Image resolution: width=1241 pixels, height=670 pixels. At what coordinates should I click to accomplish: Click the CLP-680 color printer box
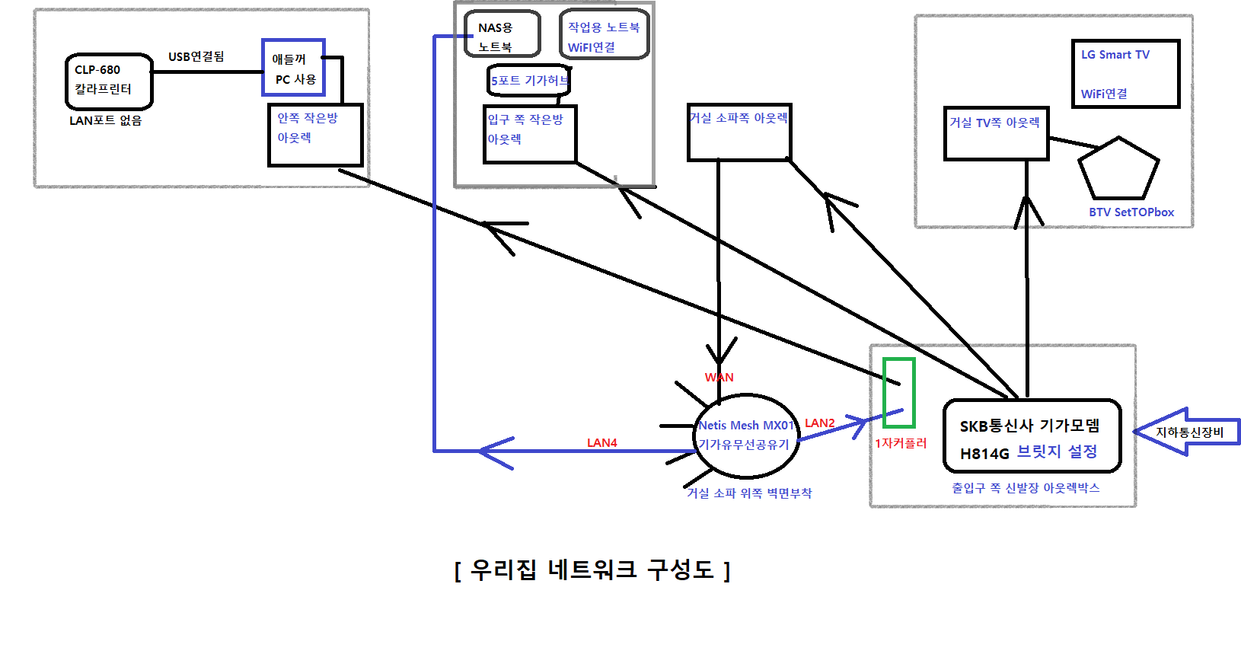coord(109,81)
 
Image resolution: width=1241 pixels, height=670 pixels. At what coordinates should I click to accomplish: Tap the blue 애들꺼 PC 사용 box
coord(294,69)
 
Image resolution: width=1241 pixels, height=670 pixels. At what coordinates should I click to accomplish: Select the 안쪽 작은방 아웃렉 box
coord(315,135)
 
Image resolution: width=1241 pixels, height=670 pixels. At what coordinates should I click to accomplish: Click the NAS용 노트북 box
coord(502,34)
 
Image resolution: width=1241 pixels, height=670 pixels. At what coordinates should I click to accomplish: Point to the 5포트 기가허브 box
coord(528,81)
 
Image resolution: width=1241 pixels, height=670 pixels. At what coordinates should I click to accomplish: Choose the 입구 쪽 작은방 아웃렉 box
coord(530,134)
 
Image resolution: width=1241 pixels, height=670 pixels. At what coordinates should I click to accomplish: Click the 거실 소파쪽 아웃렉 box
coord(739,132)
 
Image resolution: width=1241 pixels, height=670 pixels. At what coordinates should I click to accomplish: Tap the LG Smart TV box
coord(1125,74)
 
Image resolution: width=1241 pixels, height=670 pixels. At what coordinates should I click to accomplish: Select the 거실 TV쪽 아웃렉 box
coord(996,133)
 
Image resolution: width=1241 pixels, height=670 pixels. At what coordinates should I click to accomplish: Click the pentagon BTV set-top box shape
coord(1119,171)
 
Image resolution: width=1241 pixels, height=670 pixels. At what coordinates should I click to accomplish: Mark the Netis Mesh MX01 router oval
coord(746,436)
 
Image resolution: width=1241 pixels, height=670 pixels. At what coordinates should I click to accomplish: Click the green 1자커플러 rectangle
coord(898,392)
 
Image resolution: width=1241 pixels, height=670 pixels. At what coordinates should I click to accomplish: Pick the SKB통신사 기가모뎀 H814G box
coord(1032,436)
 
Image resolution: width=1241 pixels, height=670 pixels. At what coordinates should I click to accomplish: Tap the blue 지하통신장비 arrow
coord(1186,432)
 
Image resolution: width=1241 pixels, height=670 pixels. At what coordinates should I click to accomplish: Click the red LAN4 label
coord(601,442)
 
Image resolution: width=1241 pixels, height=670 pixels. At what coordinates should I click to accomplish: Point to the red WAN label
coord(719,377)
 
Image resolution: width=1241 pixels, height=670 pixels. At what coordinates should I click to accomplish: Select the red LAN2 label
coord(819,423)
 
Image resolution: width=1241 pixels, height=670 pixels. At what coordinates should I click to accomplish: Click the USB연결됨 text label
coord(196,56)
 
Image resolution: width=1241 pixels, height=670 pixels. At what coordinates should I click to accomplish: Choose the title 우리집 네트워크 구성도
coord(592,569)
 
